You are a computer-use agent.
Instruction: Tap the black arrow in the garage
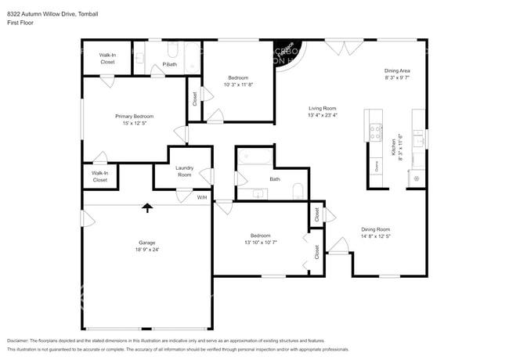tap(146, 207)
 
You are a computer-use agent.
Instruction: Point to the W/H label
tap(202, 196)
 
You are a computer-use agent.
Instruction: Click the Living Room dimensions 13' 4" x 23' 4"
tap(322, 115)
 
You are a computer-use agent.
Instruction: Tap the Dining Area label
tap(398, 70)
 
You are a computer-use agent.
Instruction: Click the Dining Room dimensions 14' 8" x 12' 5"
tap(375, 236)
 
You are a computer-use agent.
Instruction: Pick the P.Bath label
tap(169, 64)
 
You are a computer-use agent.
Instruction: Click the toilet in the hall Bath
tap(298, 191)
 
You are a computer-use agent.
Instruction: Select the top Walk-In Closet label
tap(108, 58)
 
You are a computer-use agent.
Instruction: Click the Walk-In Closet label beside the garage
tap(99, 176)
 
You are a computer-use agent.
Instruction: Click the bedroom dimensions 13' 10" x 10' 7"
tap(261, 243)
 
